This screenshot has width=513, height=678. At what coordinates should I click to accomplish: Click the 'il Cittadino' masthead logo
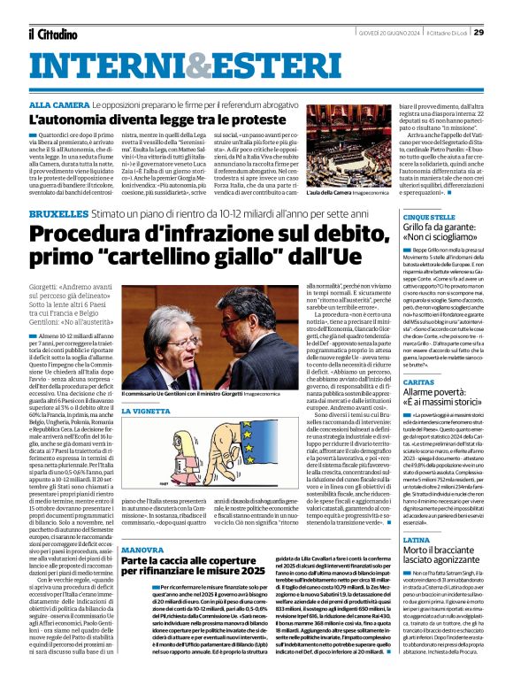(x=54, y=34)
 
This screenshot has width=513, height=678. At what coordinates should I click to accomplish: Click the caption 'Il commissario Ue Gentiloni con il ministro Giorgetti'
(x=181, y=392)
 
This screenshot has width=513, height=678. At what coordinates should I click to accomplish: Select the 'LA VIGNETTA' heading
(x=145, y=412)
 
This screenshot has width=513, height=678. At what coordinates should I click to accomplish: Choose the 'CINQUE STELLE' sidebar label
(x=429, y=217)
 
